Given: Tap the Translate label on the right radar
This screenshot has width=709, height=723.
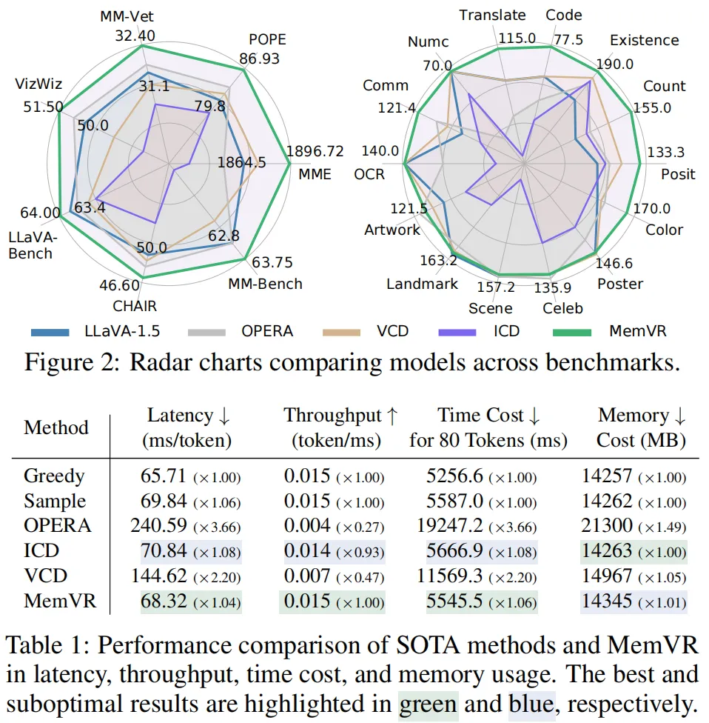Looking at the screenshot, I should [492, 15].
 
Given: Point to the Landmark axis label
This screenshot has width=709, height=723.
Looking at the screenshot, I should [422, 284].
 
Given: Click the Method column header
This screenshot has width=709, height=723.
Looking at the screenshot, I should [56, 427].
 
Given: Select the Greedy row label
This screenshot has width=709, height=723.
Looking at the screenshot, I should [54, 476].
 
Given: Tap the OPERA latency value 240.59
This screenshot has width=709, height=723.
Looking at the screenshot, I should [163, 525].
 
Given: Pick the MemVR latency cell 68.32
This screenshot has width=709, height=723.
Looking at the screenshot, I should [167, 600].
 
